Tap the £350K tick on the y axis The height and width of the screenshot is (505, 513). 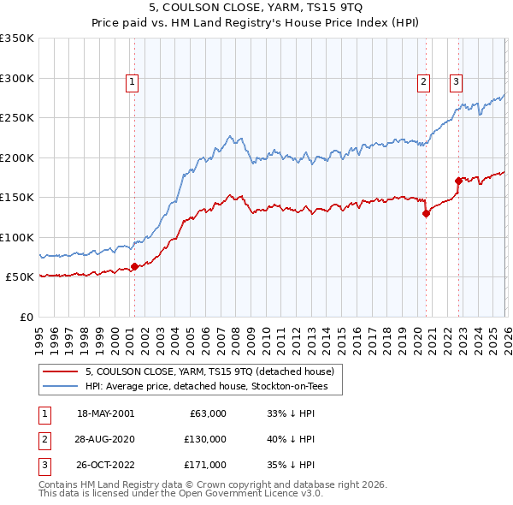pos(17,39)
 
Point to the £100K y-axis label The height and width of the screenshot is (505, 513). pos(17,237)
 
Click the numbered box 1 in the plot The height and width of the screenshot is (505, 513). pos(133,82)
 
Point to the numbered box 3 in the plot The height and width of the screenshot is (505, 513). pos(457,82)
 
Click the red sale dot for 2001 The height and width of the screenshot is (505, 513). pos(134,267)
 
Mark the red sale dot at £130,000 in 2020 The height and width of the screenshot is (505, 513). pos(426,214)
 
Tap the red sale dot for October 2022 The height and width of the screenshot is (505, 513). pos(459,181)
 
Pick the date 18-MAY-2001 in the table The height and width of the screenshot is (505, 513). pos(105,413)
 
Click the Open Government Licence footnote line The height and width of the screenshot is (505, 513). pos(181,494)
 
